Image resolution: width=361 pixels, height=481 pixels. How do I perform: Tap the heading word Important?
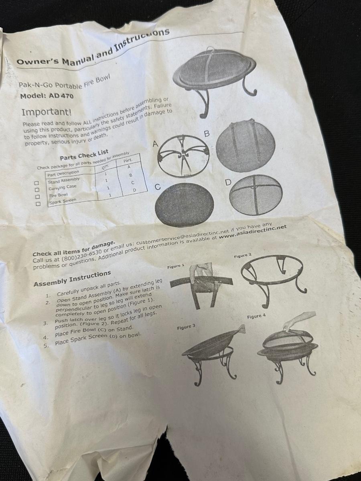coord(47,112)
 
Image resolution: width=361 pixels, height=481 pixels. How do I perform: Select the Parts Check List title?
coord(84,155)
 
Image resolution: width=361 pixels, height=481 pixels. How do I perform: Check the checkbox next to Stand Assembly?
coord(37,183)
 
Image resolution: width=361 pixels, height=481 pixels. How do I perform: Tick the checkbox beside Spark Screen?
coord(38,204)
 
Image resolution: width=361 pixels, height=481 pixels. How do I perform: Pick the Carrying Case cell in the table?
coord(63,187)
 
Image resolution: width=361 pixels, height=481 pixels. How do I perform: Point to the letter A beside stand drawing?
coord(155,144)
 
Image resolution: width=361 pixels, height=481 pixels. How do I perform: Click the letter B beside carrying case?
coord(207,133)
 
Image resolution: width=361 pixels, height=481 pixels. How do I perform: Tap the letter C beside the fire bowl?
coord(158,187)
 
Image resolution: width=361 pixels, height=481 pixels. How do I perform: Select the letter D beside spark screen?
coord(228,182)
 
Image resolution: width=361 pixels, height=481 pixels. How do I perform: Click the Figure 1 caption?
coord(176,266)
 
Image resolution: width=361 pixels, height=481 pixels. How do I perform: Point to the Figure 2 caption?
coord(243,255)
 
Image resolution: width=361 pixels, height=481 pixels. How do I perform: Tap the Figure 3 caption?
coord(186,327)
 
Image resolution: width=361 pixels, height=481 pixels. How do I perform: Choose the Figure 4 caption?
coord(256,316)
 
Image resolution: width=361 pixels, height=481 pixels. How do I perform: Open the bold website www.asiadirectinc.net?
coord(253,232)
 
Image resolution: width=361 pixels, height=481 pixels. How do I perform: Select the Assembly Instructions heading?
coord(72,279)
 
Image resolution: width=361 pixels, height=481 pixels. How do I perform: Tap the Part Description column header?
coord(63,174)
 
